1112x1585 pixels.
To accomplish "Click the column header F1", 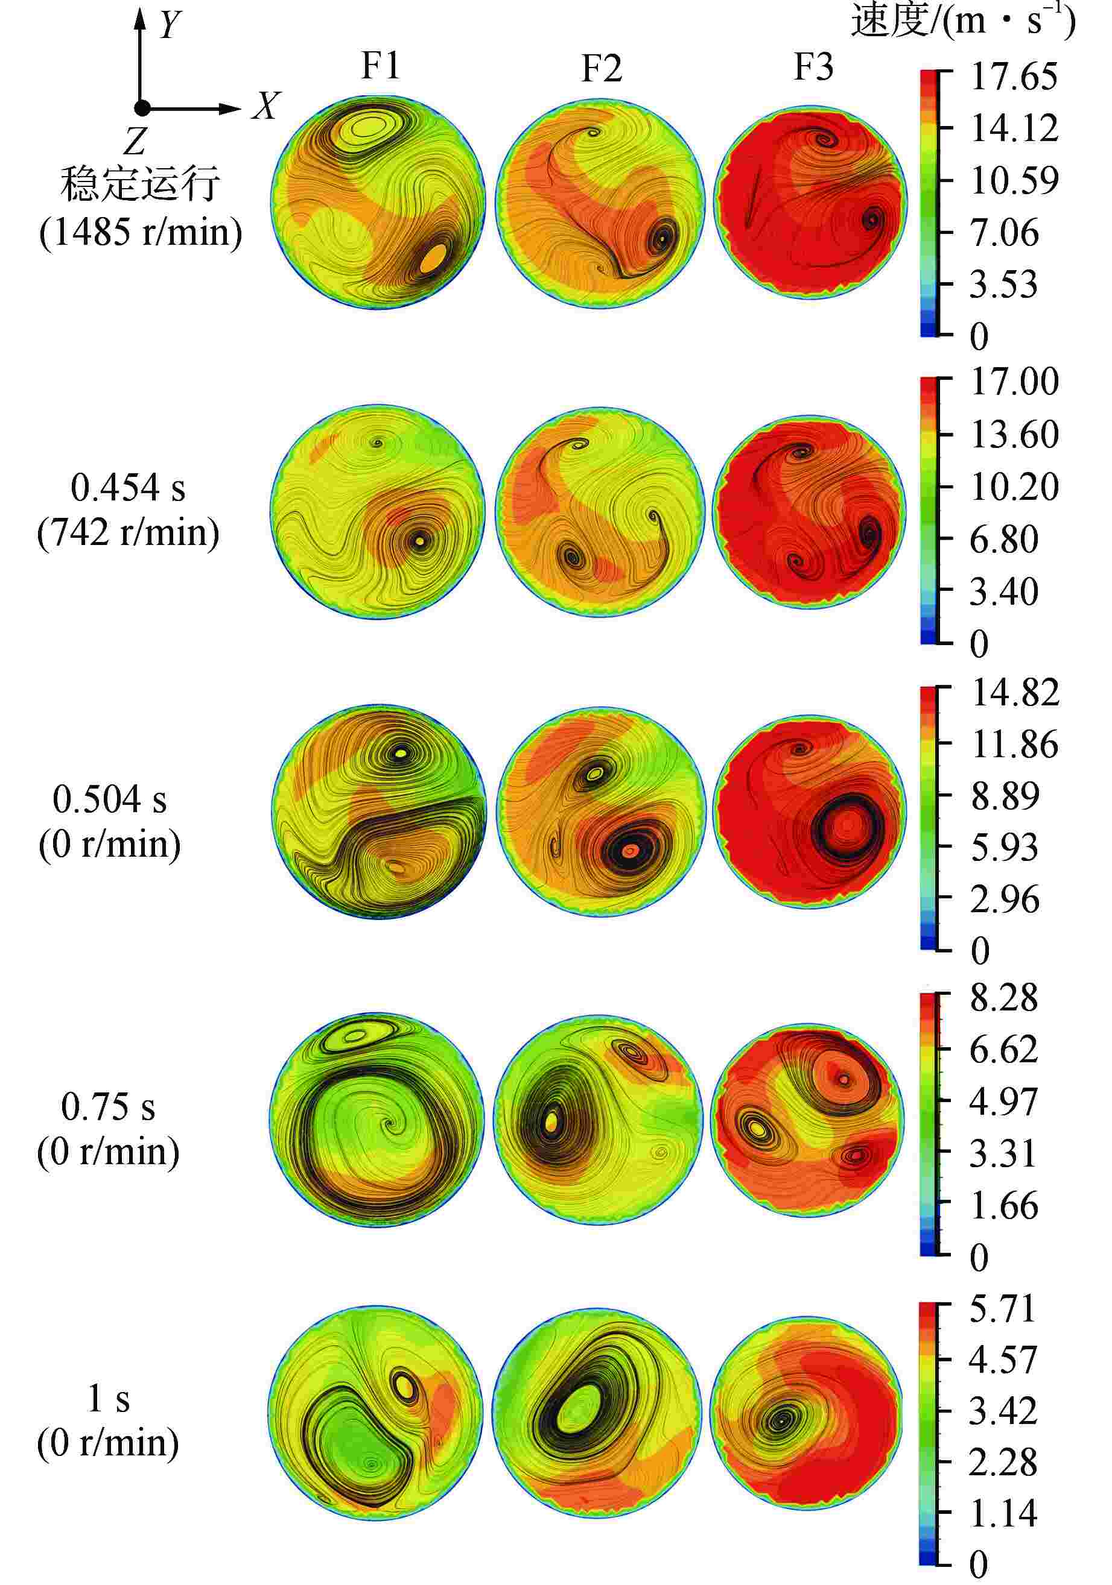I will [381, 66].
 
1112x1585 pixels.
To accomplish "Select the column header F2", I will [601, 68].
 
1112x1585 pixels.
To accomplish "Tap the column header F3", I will [813, 67].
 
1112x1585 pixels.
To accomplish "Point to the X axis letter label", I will [266, 107].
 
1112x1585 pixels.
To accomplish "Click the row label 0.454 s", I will [128, 488].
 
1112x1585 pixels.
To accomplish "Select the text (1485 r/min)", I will [141, 232].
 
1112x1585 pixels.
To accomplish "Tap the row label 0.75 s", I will [108, 1108].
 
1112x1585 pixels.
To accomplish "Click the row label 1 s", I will [109, 1399].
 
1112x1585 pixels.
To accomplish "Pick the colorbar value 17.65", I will [1013, 77].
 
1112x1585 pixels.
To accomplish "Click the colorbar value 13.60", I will [1013, 435].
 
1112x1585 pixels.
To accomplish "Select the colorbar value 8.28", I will [1003, 998].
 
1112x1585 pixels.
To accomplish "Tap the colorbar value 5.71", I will [1003, 1308].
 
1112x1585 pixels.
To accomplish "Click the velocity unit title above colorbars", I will [963, 20].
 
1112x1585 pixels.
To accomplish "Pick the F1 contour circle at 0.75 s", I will [377, 1120].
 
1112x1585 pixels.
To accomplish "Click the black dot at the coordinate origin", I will [142, 108].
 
